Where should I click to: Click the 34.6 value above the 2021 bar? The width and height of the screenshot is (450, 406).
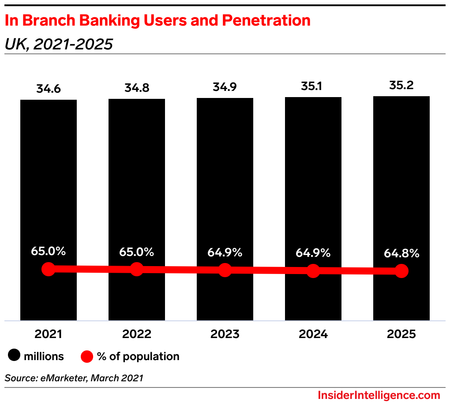(49, 89)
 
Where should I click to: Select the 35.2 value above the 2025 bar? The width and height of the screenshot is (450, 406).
(401, 85)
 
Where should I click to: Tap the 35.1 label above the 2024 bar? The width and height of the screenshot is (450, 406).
(313, 86)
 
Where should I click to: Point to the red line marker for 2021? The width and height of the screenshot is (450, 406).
(49, 269)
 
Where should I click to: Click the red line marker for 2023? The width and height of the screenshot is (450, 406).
(225, 270)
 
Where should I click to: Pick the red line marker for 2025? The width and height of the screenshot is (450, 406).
(401, 271)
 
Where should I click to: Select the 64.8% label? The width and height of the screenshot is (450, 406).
(401, 254)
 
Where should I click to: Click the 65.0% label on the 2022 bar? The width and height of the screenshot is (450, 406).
(137, 252)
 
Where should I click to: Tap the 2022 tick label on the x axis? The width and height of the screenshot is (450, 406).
(137, 334)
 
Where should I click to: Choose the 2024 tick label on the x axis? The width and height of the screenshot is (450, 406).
(313, 334)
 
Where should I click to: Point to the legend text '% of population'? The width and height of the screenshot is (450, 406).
(138, 356)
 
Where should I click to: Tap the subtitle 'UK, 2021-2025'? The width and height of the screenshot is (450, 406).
(59, 44)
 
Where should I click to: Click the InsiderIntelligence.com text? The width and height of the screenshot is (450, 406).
(379, 395)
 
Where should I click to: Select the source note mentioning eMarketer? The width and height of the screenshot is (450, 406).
(74, 378)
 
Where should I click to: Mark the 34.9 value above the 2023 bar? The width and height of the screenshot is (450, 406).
(225, 87)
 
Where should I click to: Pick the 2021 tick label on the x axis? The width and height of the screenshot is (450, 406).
(49, 334)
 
